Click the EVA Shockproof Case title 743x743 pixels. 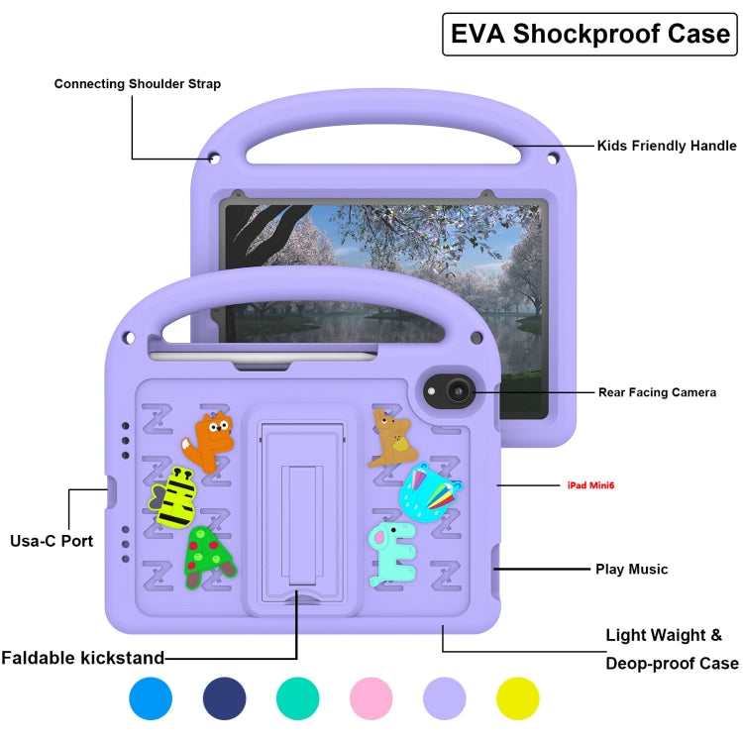click(x=590, y=34)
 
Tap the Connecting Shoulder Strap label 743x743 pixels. click(x=138, y=84)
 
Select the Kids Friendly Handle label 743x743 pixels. click(x=666, y=146)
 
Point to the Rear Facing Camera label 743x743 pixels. click(x=656, y=392)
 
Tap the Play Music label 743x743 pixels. click(x=631, y=569)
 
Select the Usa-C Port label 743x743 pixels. click(x=52, y=541)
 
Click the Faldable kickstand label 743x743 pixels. click(x=82, y=657)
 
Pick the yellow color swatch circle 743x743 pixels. click(x=518, y=698)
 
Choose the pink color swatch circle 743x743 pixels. click(x=371, y=698)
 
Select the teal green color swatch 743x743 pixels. click(x=298, y=698)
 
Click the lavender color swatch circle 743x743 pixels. click(x=445, y=698)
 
